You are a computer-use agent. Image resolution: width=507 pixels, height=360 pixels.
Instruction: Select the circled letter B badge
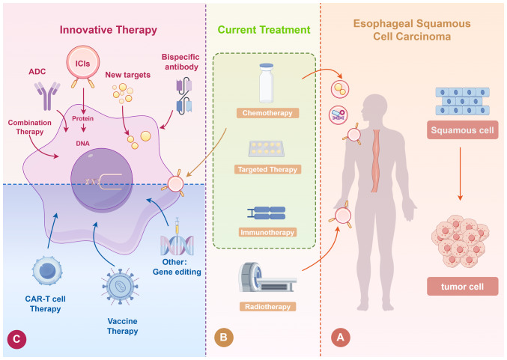pyautogui.click(x=223, y=337)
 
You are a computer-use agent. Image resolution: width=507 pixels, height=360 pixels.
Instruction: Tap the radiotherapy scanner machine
pyautogui.click(x=267, y=277)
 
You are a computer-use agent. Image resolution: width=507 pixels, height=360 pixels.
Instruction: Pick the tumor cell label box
pyautogui.click(x=451, y=285)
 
